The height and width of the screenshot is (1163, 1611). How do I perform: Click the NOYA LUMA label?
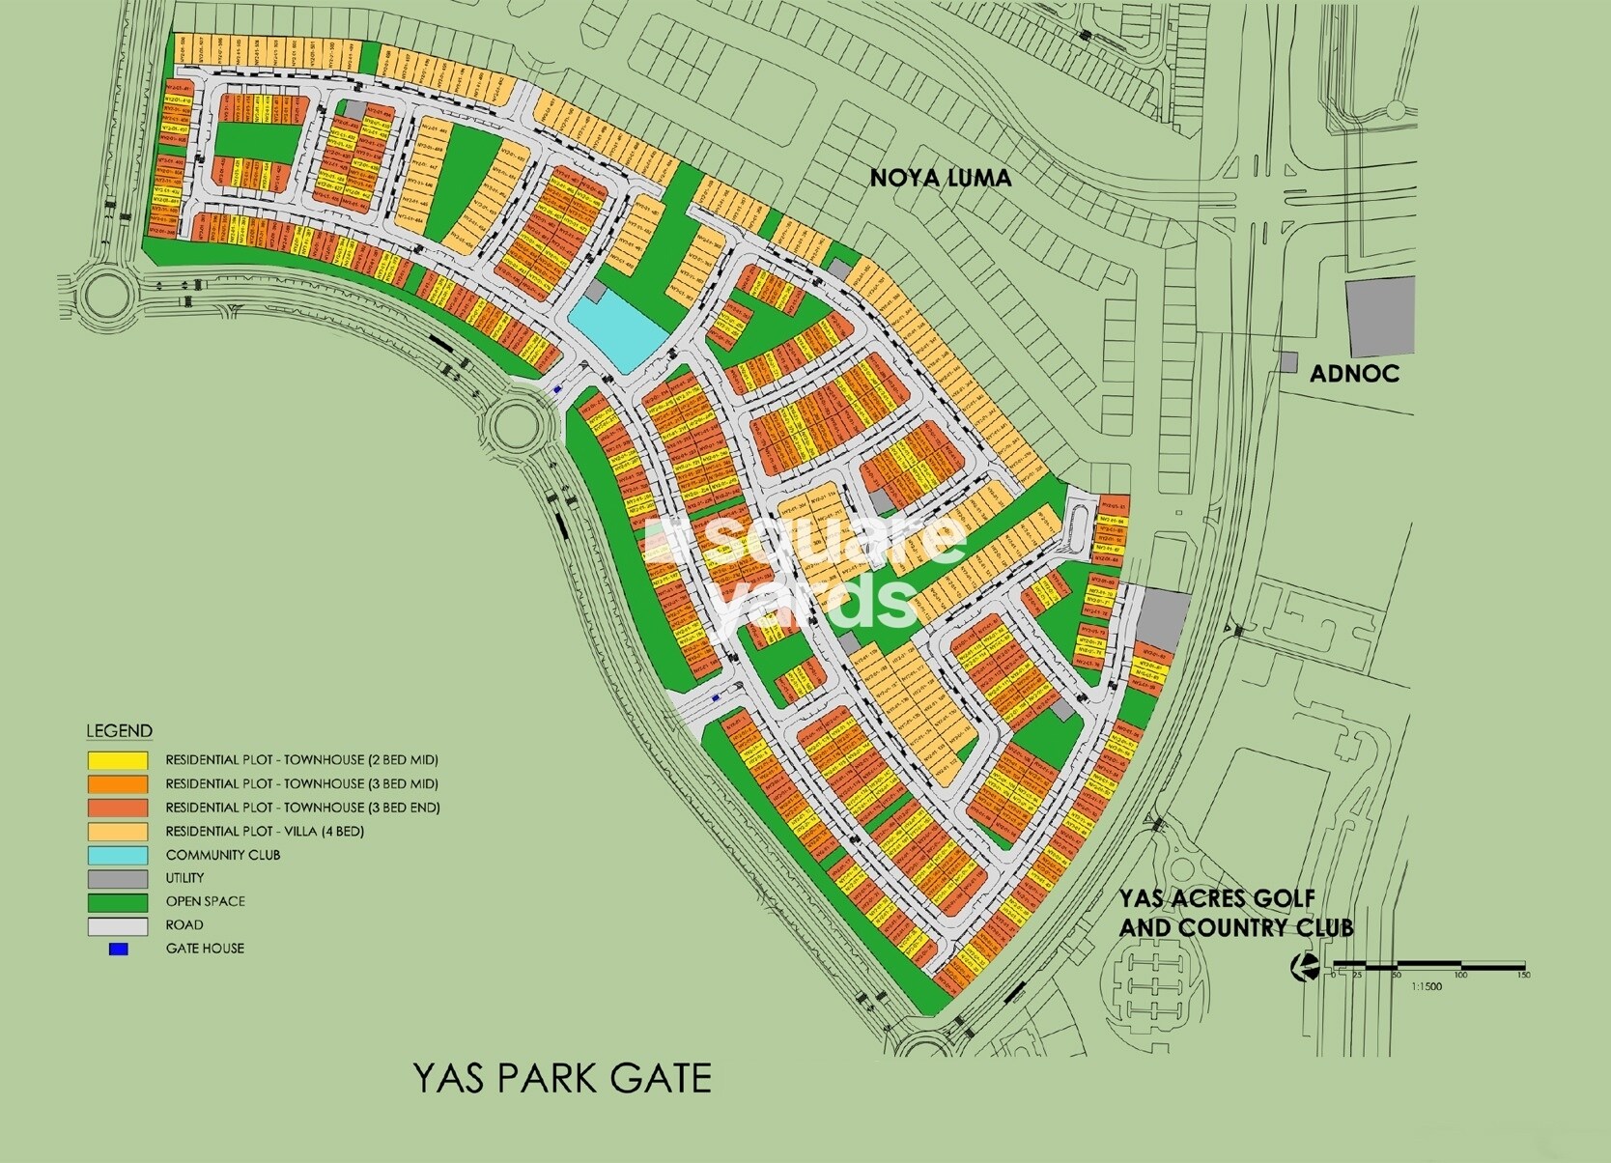tap(940, 178)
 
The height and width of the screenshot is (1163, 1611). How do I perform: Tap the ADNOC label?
tap(1354, 374)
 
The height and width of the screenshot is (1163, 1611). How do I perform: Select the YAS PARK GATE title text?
tap(562, 1078)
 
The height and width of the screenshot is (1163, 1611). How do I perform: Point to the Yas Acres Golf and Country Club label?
tap(1235, 913)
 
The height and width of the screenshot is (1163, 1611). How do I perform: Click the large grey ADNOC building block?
tap(1380, 316)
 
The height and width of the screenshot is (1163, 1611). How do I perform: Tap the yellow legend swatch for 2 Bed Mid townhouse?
tap(118, 760)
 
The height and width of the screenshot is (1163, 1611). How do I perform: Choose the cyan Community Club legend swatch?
tap(118, 855)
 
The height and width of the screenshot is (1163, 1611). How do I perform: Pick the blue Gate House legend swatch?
tap(118, 949)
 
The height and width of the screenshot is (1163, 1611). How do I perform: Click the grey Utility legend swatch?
tap(118, 878)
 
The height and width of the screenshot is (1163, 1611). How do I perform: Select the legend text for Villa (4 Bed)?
tap(265, 831)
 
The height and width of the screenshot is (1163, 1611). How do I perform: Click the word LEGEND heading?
tap(119, 731)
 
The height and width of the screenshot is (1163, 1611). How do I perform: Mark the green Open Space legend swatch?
tap(118, 902)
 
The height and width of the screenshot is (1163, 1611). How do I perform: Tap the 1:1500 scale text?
tap(1426, 986)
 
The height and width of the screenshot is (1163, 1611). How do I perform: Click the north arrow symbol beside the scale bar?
tap(1307, 967)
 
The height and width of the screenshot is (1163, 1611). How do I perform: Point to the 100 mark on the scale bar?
tap(1460, 976)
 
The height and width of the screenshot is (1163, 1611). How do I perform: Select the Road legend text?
tap(184, 925)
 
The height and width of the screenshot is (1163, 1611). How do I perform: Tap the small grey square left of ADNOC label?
tap(1288, 362)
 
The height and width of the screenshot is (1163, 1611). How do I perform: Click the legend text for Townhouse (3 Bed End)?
tap(302, 808)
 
